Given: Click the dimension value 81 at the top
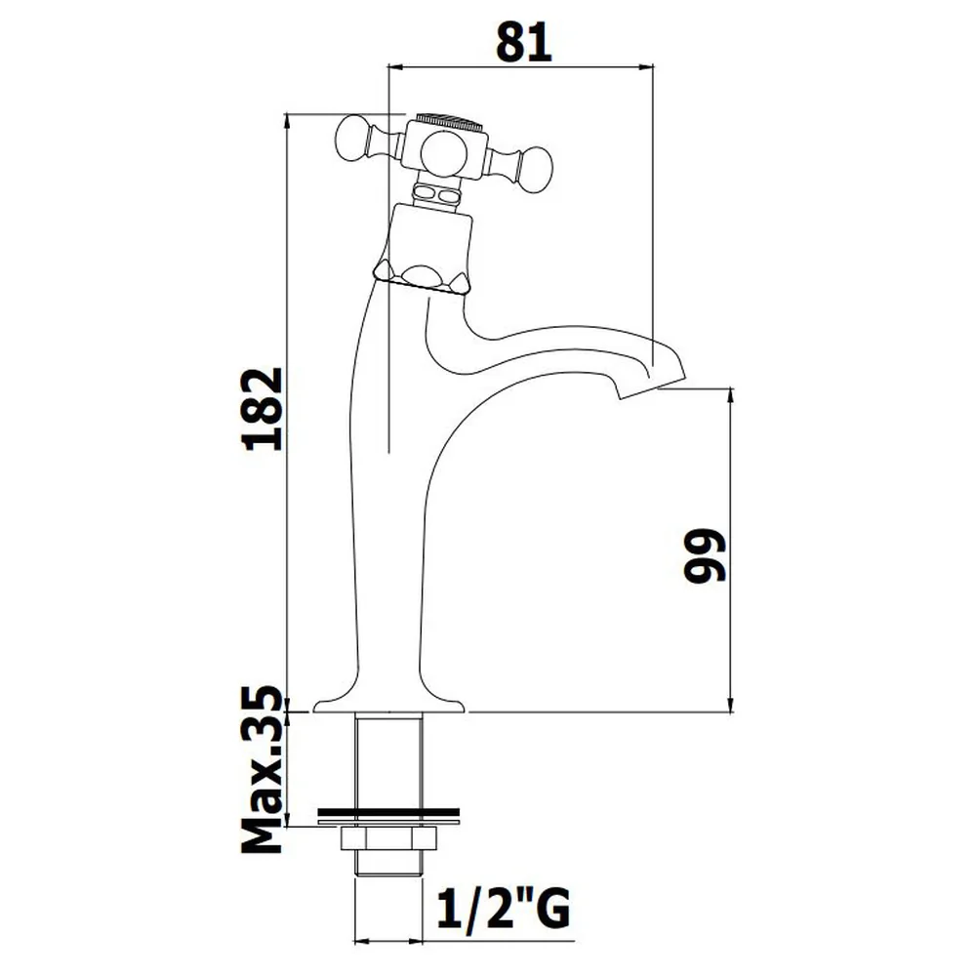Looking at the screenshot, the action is (524, 42).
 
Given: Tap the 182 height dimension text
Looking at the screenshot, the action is (262, 409).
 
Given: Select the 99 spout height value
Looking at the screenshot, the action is (705, 556).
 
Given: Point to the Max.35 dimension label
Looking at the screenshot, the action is (262, 769).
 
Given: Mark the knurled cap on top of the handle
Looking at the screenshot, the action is (449, 120).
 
